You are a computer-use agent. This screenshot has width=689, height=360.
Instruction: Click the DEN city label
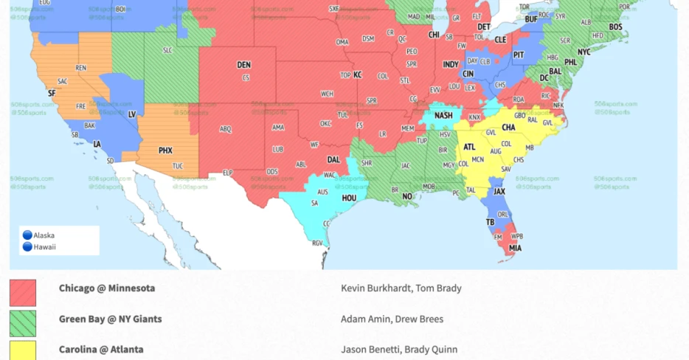tap(243, 65)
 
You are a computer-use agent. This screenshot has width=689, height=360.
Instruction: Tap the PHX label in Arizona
tap(165, 150)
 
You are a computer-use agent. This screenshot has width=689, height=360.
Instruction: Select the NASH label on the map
tap(443, 116)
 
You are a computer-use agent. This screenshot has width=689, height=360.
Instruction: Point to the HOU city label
tap(349, 198)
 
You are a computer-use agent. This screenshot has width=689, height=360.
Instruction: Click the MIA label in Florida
tap(514, 248)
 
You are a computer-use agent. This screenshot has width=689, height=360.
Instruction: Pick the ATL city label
tap(469, 147)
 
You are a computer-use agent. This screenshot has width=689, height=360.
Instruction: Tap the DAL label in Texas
tap(333, 159)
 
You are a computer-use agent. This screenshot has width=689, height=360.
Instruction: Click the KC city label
tap(358, 75)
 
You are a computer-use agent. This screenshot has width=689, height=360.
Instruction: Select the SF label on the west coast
tap(51, 94)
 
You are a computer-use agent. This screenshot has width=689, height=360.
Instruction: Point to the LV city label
tap(133, 114)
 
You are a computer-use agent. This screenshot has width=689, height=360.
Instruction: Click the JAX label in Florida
tap(499, 192)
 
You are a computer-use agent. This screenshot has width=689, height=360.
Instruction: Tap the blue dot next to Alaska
tap(27, 235)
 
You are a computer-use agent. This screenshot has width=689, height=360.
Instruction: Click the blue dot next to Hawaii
tap(27, 247)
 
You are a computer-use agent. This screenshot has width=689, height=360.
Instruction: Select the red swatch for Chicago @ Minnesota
tap(23, 292)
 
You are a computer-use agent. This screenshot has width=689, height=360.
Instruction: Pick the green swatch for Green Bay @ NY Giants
tap(23, 322)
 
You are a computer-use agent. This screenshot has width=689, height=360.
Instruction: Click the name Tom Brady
tap(441, 288)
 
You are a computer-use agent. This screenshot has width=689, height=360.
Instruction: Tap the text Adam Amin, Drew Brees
tap(392, 319)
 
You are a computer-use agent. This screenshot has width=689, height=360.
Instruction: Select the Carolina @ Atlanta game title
tap(101, 350)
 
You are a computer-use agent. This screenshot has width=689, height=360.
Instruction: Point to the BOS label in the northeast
tap(615, 27)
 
